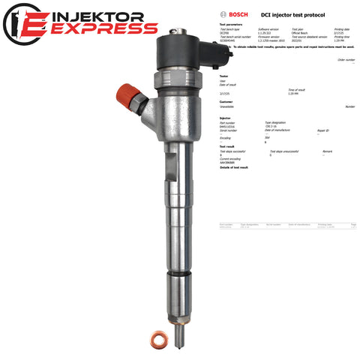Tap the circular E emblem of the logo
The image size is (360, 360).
click(21, 23)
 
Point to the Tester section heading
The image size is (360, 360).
click(223, 75)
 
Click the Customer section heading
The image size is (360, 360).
click(226, 101)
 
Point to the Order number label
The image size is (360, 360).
click(346, 59)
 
